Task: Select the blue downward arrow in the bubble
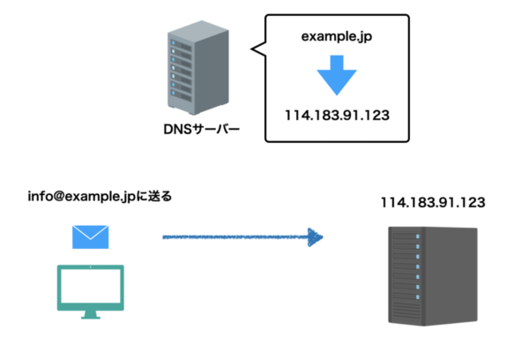point(337,76)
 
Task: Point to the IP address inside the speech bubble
point(337,116)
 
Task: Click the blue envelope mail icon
point(90,236)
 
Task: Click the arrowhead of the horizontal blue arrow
point(313,236)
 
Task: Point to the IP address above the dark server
point(433,202)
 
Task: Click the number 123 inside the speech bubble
point(376,116)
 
